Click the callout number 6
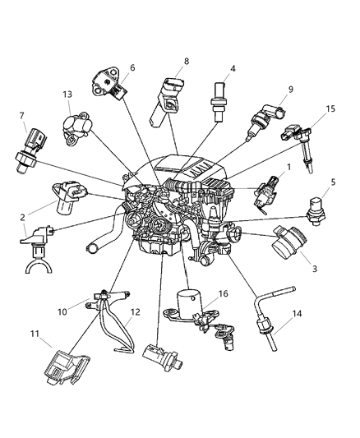click(132, 68)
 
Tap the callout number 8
click(187, 60)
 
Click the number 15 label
click(330, 109)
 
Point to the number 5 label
click(333, 182)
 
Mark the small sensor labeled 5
click(321, 210)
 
